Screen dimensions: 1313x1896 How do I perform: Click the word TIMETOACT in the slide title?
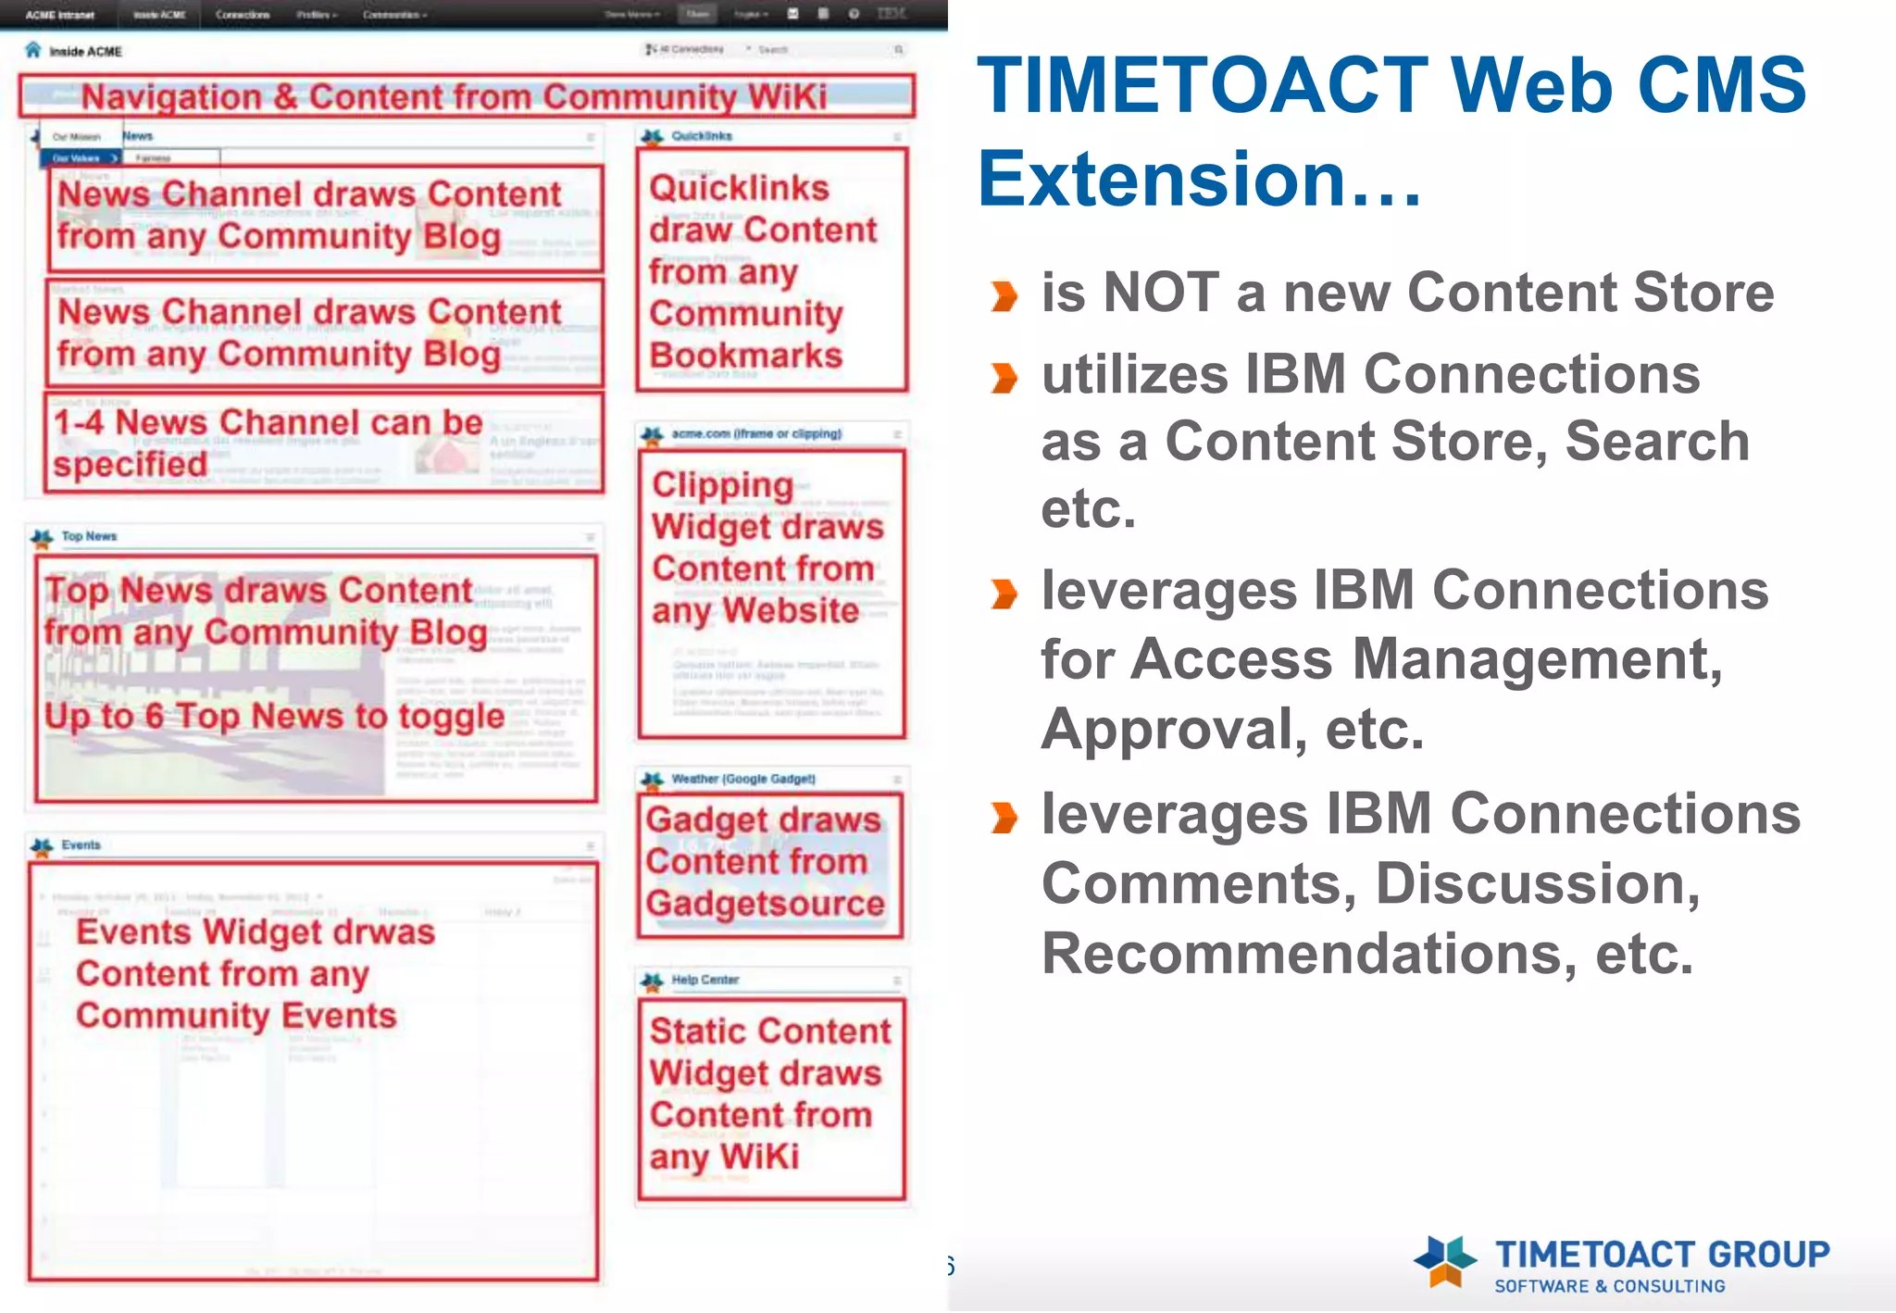click(1203, 85)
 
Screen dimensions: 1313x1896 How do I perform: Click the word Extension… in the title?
click(1198, 180)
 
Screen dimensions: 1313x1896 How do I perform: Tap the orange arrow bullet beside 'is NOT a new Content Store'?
click(1004, 296)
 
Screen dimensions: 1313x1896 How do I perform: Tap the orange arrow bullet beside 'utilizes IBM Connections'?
click(1004, 378)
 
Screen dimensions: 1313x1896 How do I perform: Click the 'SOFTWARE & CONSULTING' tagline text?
click(1609, 1286)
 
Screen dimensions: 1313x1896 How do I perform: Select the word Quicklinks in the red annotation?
click(739, 188)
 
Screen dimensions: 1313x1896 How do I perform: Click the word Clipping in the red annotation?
click(722, 485)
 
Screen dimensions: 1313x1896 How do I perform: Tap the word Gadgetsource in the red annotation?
click(765, 903)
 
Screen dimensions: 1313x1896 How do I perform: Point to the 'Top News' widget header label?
click(89, 536)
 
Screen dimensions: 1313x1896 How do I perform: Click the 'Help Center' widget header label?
click(705, 980)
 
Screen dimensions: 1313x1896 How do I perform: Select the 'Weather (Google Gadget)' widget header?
click(742, 779)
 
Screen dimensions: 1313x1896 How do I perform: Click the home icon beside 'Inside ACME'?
click(33, 50)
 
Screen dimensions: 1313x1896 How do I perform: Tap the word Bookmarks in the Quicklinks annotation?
click(745, 356)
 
